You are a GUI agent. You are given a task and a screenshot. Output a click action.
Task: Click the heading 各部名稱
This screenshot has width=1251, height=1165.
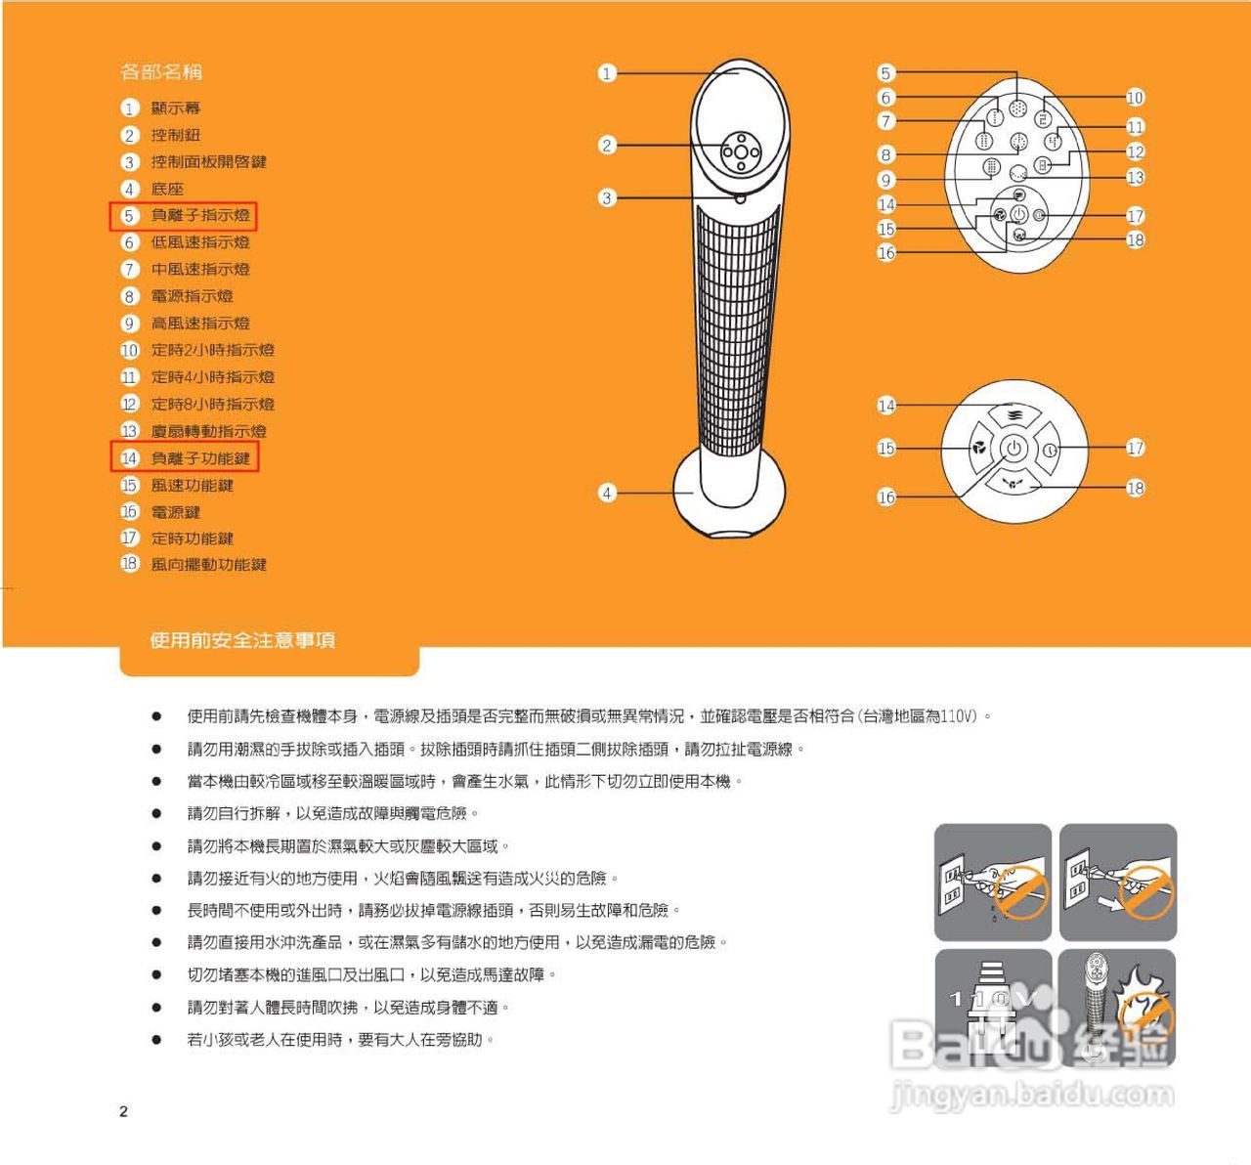click(x=161, y=71)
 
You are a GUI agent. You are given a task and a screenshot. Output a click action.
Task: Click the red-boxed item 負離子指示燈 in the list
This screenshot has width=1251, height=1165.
click(x=199, y=215)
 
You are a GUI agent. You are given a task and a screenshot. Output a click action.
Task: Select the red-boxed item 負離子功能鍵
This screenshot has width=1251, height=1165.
click(x=199, y=457)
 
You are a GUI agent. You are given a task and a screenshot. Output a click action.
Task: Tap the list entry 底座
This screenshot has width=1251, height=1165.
click(x=166, y=189)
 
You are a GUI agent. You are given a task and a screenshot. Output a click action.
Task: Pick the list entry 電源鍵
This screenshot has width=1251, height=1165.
click(x=175, y=511)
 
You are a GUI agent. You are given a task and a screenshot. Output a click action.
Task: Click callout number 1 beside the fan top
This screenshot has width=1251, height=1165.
click(x=607, y=73)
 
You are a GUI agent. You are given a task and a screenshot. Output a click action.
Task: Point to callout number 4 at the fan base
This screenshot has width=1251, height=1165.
click(x=607, y=493)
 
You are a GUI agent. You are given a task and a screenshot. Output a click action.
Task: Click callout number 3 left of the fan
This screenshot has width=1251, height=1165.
click(x=607, y=197)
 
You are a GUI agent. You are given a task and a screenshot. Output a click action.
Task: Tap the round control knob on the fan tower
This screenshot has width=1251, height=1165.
click(x=740, y=151)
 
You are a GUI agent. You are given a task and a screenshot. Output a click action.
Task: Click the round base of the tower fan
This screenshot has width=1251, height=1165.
click(x=730, y=490)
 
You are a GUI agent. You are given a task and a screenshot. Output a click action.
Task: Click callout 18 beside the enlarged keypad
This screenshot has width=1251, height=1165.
click(x=1135, y=488)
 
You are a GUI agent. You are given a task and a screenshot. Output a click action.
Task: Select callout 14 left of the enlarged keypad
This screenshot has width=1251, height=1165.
click(x=885, y=406)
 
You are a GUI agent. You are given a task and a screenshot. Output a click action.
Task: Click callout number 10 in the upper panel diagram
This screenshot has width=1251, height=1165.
click(x=1135, y=98)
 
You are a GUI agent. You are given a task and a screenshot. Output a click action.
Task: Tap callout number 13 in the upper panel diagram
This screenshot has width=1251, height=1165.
click(x=1135, y=178)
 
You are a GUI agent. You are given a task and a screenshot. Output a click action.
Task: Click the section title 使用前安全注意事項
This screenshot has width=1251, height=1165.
click(x=242, y=640)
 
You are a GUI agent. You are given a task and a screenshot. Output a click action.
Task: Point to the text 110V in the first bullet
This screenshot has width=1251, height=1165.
click(x=958, y=716)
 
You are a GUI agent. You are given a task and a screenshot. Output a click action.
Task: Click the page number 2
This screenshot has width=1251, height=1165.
click(x=123, y=1111)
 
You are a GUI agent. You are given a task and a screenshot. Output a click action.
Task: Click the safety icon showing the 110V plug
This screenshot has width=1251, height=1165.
click(x=992, y=1007)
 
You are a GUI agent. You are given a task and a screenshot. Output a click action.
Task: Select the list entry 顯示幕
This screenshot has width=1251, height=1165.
click(x=175, y=108)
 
